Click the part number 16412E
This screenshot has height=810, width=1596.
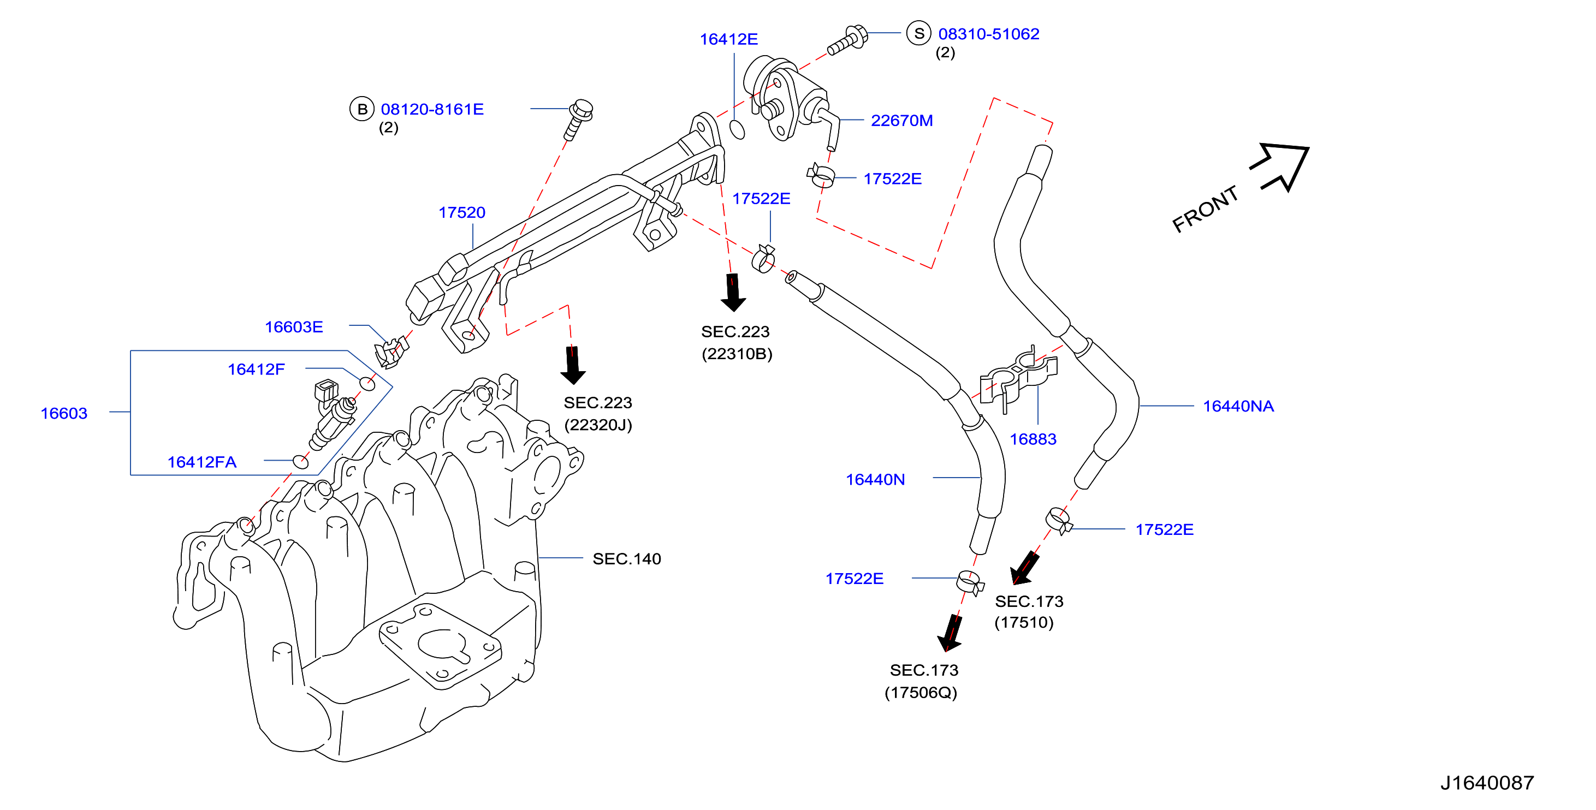728,39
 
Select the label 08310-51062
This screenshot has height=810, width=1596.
988,34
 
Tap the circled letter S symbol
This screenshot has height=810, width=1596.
919,33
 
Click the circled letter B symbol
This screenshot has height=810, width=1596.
362,109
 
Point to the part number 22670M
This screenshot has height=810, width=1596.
901,121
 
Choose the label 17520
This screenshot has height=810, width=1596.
461,212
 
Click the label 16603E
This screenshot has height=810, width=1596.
294,327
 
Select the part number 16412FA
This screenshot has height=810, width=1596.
201,462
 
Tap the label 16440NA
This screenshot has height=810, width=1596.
1238,406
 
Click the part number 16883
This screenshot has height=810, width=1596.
1033,439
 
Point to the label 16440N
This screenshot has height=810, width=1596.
875,479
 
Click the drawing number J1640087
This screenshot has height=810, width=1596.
1487,783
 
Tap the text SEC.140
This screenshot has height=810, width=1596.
626,558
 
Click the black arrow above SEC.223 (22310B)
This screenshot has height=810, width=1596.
733,293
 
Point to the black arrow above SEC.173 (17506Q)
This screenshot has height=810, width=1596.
951,632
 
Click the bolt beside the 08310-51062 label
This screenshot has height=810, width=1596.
847,40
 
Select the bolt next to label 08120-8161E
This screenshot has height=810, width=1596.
578,120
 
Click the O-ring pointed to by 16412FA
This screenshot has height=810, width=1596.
300,461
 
